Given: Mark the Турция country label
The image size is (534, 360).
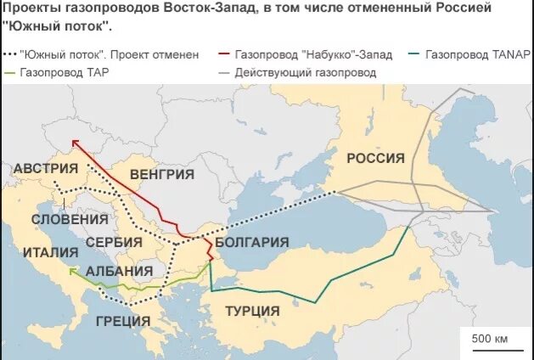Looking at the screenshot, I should tap(253, 311).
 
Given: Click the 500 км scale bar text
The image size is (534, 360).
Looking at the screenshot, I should tap(490, 339).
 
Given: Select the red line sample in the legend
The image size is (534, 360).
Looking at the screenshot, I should tap(224, 54).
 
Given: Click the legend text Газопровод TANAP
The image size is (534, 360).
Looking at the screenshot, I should tap(479, 54).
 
